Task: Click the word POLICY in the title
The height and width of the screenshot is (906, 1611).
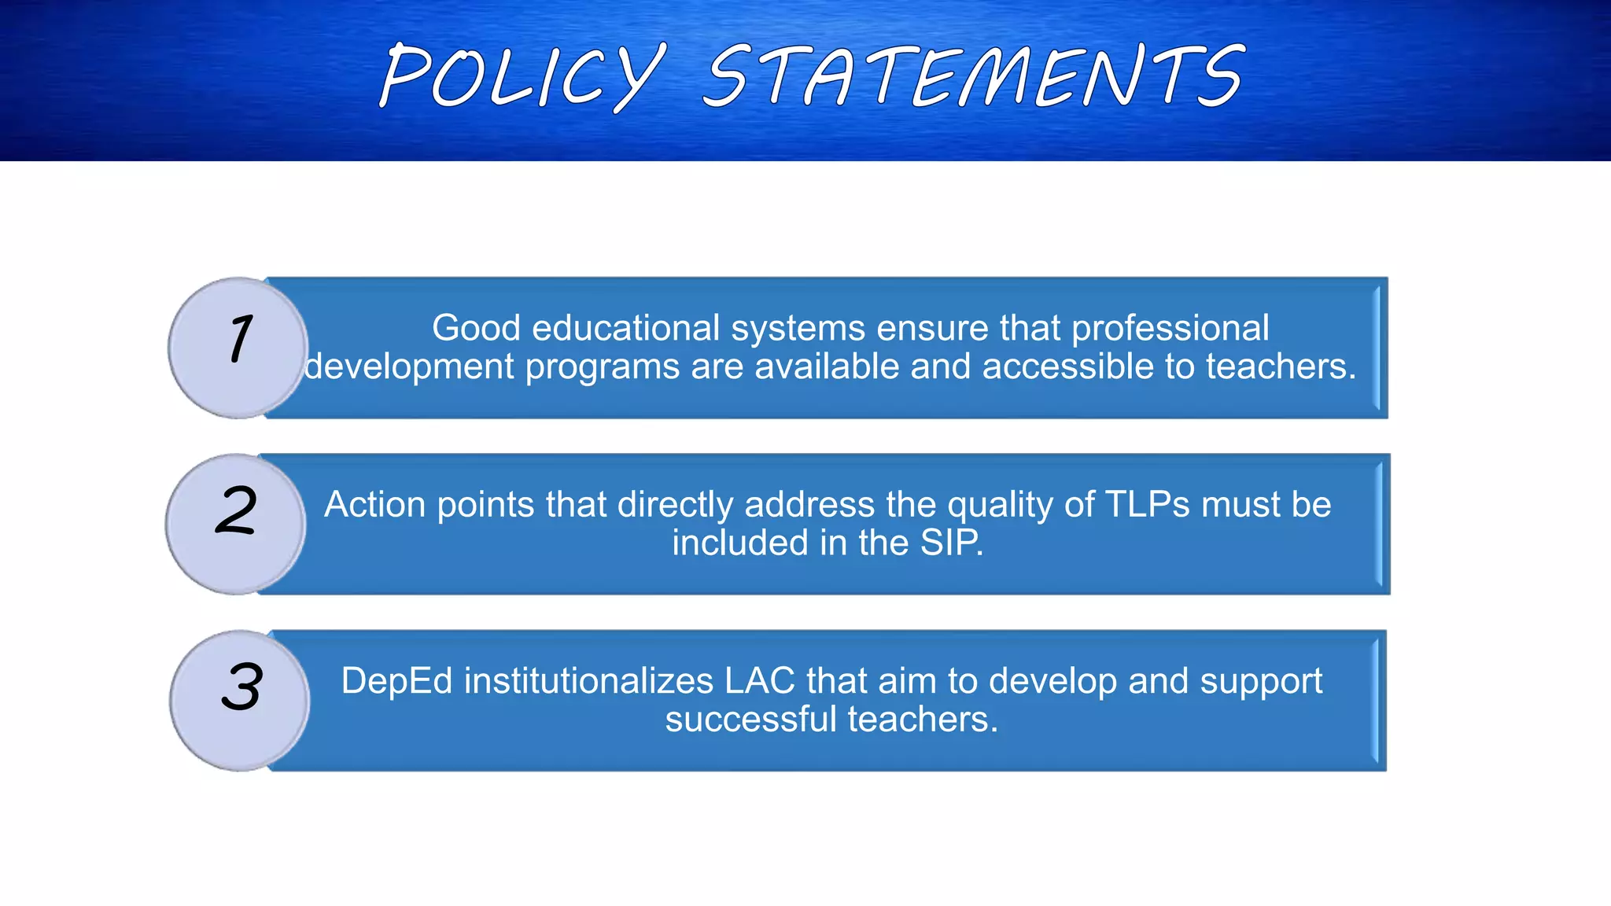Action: click(x=522, y=75)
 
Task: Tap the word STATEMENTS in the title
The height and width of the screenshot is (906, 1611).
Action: click(x=974, y=75)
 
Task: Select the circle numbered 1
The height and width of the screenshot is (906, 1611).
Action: click(x=238, y=348)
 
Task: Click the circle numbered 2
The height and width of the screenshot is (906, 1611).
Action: click(x=235, y=524)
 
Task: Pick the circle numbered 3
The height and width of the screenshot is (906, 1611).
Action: click(x=240, y=700)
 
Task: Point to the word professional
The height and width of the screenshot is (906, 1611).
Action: click(x=1170, y=328)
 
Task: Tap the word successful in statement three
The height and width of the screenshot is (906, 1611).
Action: click(x=750, y=719)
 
